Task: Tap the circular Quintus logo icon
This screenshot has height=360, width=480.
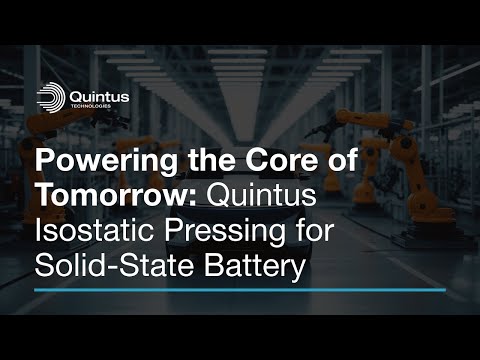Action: point(51,97)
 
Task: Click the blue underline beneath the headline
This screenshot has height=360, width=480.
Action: point(230,290)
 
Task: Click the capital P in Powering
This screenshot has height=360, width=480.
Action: point(45,160)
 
